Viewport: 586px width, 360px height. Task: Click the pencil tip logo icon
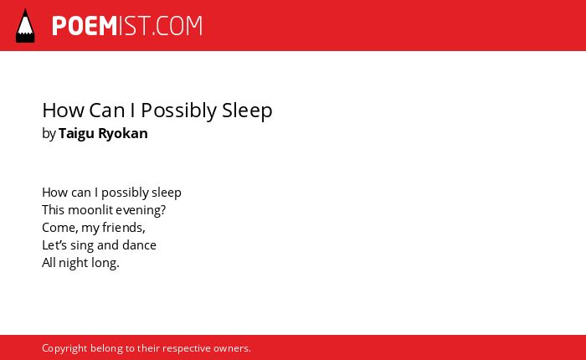(x=25, y=25)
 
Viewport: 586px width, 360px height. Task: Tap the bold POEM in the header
(x=85, y=26)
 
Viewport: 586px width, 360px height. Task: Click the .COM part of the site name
(x=177, y=26)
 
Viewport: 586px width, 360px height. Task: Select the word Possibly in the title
(x=178, y=111)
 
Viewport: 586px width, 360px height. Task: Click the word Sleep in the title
(x=247, y=111)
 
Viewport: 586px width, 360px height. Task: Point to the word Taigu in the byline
(x=76, y=134)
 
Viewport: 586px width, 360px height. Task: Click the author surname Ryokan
(x=123, y=134)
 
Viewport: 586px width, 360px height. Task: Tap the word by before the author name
(x=49, y=134)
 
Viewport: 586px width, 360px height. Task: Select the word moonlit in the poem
(x=90, y=210)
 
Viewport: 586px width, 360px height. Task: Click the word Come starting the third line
(x=59, y=228)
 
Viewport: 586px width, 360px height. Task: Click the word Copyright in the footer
(x=64, y=348)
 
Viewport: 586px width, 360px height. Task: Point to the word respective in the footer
(x=187, y=349)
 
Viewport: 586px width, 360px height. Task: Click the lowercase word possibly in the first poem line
(x=125, y=193)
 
